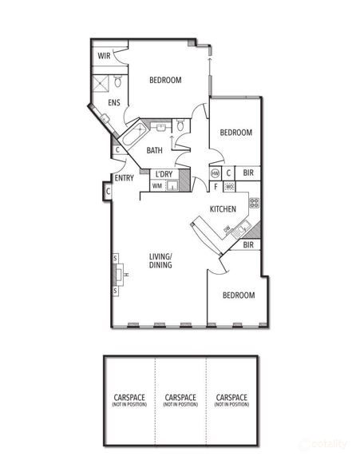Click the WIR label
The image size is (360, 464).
[104, 56]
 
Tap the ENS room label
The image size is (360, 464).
[114, 103]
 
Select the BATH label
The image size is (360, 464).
[154, 150]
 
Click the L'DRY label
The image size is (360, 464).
[164, 174]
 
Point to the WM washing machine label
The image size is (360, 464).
[156, 186]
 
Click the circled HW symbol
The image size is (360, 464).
[215, 173]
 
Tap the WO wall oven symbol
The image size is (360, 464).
[228, 187]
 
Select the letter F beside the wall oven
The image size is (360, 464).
[216, 187]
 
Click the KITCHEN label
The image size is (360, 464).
[222, 209]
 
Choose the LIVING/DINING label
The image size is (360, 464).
[161, 260]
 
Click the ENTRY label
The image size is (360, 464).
[124, 178]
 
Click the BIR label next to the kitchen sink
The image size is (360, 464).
[248, 245]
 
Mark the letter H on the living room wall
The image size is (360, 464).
[126, 276]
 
